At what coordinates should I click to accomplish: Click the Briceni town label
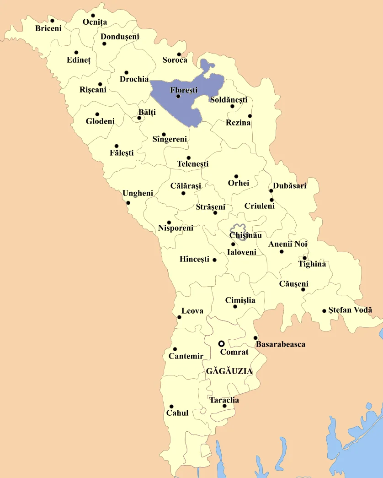click(48, 28)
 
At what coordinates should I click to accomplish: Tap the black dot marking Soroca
click(179, 54)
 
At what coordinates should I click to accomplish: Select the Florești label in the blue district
click(184, 90)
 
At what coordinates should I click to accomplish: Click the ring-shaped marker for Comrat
click(221, 343)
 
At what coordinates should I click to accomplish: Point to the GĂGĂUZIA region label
click(229, 371)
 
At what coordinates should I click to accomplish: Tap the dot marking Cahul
click(171, 407)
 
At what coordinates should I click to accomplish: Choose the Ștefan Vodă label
click(350, 310)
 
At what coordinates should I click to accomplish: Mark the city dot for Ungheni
click(128, 203)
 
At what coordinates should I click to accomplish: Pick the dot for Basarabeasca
click(255, 338)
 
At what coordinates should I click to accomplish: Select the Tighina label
click(312, 264)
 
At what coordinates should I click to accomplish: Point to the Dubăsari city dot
click(271, 191)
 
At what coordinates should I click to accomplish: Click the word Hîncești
click(194, 260)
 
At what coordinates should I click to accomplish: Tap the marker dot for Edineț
click(76, 53)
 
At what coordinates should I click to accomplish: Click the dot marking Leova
click(179, 317)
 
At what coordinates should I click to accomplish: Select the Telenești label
click(192, 164)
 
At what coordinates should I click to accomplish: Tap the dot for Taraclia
click(224, 406)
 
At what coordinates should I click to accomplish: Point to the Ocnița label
click(95, 22)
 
